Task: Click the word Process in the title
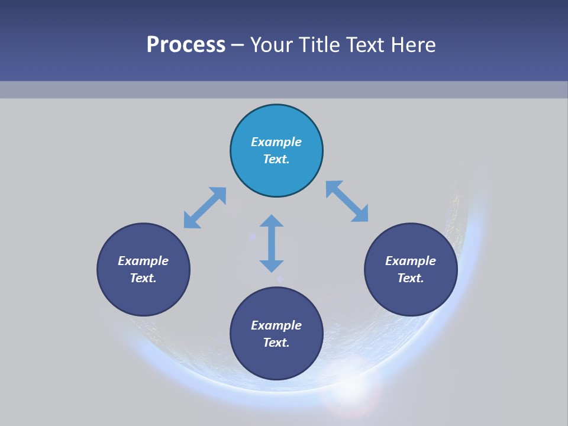(x=186, y=45)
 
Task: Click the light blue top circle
(x=276, y=124)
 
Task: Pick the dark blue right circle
(x=411, y=293)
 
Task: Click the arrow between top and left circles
(x=205, y=208)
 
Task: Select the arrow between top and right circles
(x=347, y=201)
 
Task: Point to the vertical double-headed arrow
(x=272, y=243)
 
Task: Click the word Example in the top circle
(x=276, y=142)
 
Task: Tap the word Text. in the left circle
(x=143, y=278)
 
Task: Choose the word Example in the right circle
(x=411, y=261)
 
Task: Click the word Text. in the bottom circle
(x=276, y=343)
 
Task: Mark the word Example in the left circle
(x=143, y=261)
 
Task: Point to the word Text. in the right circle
(x=411, y=278)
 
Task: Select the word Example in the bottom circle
(x=276, y=325)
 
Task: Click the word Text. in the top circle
(x=276, y=159)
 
